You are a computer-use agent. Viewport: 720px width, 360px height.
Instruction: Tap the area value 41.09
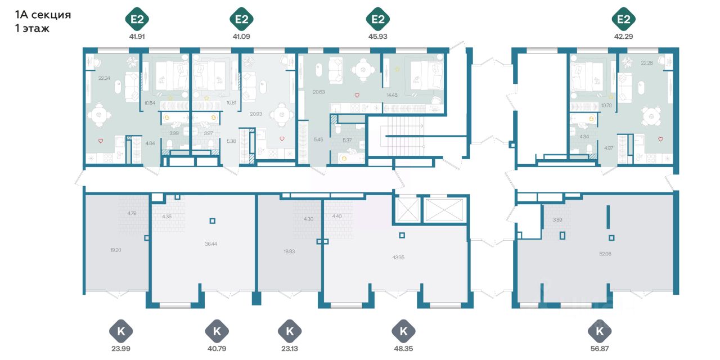click(x=241, y=36)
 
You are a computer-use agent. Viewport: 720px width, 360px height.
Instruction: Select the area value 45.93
click(x=377, y=36)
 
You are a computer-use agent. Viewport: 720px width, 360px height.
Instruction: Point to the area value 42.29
click(x=623, y=36)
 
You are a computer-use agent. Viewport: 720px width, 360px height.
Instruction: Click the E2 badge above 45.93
click(x=377, y=20)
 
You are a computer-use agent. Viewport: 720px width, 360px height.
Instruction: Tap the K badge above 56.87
click(x=599, y=331)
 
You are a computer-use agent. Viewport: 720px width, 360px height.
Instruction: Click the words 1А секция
click(x=43, y=15)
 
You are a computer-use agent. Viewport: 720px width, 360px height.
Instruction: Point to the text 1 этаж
click(x=33, y=28)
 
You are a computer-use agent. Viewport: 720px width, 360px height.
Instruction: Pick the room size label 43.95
click(x=398, y=257)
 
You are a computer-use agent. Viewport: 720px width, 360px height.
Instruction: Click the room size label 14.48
click(x=392, y=94)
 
